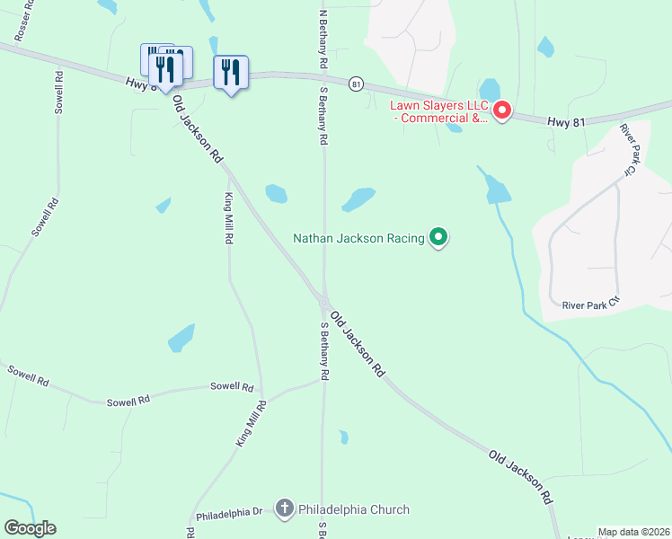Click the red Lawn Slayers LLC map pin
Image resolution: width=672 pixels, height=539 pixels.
502,111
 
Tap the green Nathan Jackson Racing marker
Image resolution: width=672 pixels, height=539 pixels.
438,238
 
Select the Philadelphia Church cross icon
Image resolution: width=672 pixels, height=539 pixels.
285,509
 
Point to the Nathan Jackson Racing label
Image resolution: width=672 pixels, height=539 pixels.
359,238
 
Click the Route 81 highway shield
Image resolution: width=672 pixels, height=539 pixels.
358,84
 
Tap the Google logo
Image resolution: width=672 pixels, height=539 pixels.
30,528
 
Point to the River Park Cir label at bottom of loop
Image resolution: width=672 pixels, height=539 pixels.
591,305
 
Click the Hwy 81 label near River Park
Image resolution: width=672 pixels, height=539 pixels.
564,119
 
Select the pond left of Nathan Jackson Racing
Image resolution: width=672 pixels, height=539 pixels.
358,199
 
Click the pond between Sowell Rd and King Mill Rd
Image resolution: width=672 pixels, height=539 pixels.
181,339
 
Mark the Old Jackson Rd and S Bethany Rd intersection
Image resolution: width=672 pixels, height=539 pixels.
323,304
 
